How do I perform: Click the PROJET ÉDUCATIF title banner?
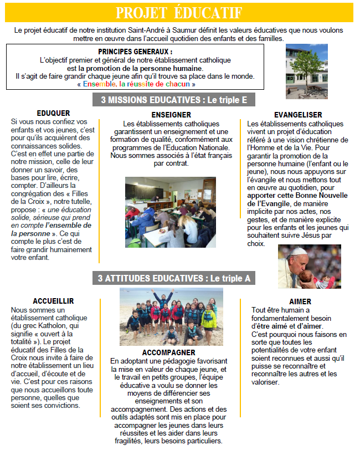click(179, 12)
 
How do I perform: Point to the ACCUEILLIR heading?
click(53, 301)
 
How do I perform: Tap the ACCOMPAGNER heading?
click(168, 352)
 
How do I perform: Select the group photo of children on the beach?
click(171, 316)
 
